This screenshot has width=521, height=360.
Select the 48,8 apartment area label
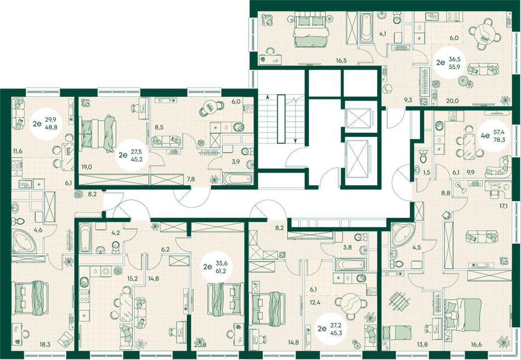(55, 127)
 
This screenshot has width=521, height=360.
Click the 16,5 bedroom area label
(341, 60)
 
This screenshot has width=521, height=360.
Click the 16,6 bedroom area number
(476, 345)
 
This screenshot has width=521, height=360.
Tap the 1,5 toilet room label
(426, 172)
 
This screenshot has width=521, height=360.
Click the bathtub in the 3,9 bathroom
(238, 179)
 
